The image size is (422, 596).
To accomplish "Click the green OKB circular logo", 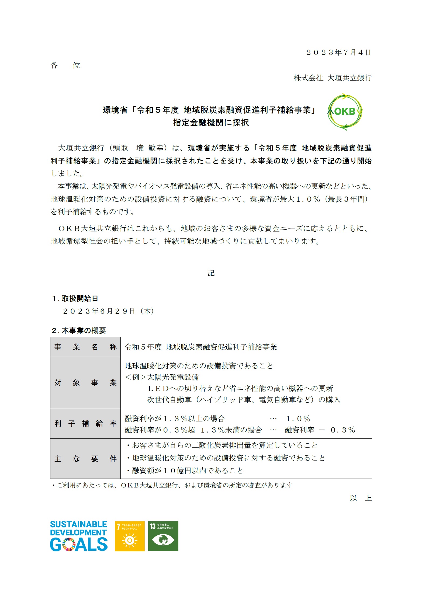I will click(x=345, y=111).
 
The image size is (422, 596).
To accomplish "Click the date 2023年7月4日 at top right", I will click(x=338, y=53).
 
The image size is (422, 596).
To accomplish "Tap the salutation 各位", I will click(x=65, y=65).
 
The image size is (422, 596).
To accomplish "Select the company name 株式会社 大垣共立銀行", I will click(x=333, y=78).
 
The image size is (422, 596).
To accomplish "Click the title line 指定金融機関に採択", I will click(x=211, y=123).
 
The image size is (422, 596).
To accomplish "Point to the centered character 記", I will click(x=211, y=273).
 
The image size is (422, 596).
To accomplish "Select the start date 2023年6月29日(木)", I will click(x=108, y=311).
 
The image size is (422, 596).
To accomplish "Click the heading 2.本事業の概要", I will click(x=79, y=330).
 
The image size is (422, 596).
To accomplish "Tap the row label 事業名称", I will click(x=85, y=347).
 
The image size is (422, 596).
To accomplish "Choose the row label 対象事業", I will click(x=85, y=383).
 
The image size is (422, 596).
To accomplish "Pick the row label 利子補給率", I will click(x=85, y=424).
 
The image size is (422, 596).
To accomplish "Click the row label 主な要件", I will click(x=85, y=459).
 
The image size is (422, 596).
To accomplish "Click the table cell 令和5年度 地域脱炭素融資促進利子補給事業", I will click(x=201, y=347).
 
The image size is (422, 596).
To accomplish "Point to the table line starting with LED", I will click(x=240, y=388).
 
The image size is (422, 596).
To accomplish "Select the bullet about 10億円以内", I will click(x=185, y=471).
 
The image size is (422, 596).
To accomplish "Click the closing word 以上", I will click(x=361, y=498).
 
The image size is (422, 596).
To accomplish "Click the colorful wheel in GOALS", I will click(x=69, y=545).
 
